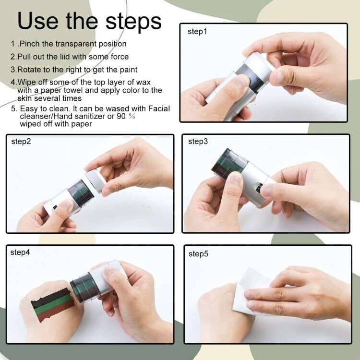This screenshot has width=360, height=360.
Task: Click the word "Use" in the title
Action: pyautogui.click(x=38, y=21)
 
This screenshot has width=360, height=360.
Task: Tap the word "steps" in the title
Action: pyautogui.click(x=133, y=23)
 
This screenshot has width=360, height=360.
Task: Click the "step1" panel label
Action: pyautogui.click(x=197, y=32)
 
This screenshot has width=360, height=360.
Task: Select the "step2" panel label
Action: pyautogui.click(x=21, y=142)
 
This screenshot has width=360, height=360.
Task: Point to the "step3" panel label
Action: pyautogui.click(x=198, y=142)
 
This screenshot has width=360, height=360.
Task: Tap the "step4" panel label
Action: pyautogui.click(x=20, y=252)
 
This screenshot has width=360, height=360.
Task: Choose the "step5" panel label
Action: pyautogui.click(x=198, y=254)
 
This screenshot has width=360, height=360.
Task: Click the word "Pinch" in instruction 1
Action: pyautogui.click(x=30, y=44)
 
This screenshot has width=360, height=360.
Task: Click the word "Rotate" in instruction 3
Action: pyautogui.click(x=29, y=70)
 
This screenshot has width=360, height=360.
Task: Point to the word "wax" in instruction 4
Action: pyautogui.click(x=144, y=82)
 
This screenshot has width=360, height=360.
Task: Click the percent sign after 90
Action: pyautogui.click(x=132, y=116)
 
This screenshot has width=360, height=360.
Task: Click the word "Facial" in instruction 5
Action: pyautogui.click(x=159, y=108)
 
